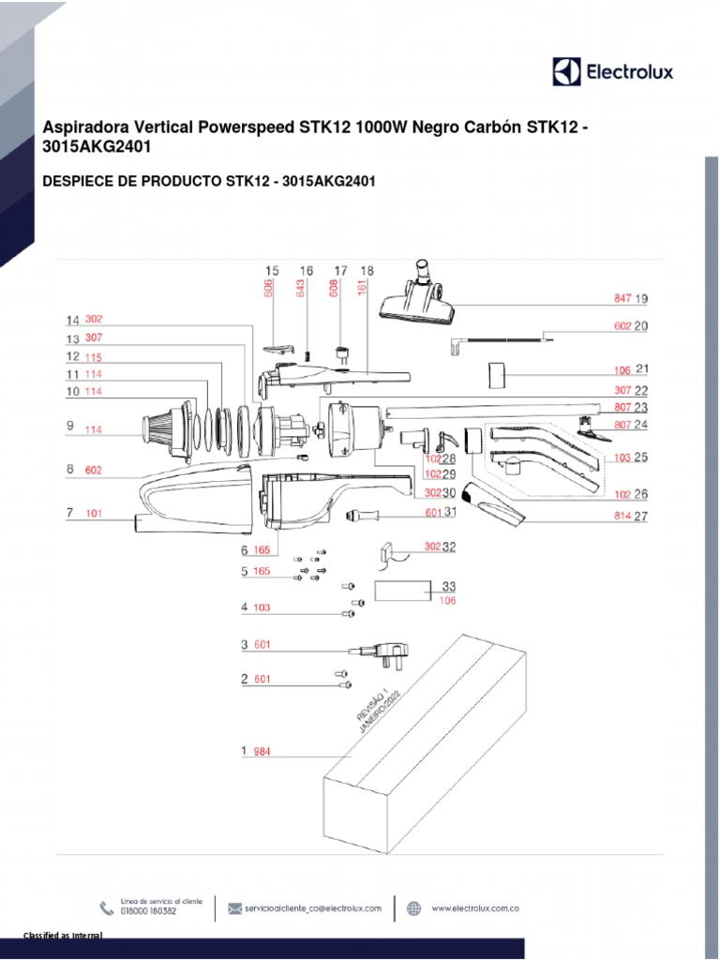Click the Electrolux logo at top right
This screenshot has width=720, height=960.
pyautogui.click(x=612, y=71)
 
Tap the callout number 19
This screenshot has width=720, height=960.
pyautogui.click(x=641, y=299)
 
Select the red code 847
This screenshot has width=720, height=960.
pyautogui.click(x=622, y=299)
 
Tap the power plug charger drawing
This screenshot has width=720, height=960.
pyautogui.click(x=386, y=652)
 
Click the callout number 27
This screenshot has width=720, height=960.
pyautogui.click(x=641, y=516)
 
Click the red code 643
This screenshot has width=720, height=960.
pyautogui.click(x=302, y=289)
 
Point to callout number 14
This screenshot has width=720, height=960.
pyautogui.click(x=72, y=319)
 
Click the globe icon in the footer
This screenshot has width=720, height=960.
pyautogui.click(x=413, y=907)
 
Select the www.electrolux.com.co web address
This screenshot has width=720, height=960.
pyautogui.click(x=475, y=908)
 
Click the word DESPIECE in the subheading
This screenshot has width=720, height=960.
pyautogui.click(x=74, y=181)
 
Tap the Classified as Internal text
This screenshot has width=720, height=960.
pyautogui.click(x=63, y=937)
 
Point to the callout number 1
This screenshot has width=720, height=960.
pyautogui.click(x=244, y=751)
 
